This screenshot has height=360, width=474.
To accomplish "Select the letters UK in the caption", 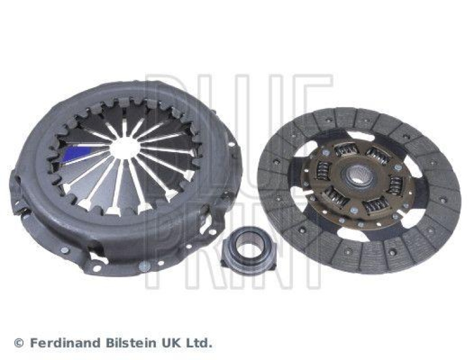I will (171, 343).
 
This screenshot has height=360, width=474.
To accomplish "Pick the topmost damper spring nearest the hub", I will (345, 150).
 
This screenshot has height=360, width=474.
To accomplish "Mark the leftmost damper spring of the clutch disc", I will (323, 171).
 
